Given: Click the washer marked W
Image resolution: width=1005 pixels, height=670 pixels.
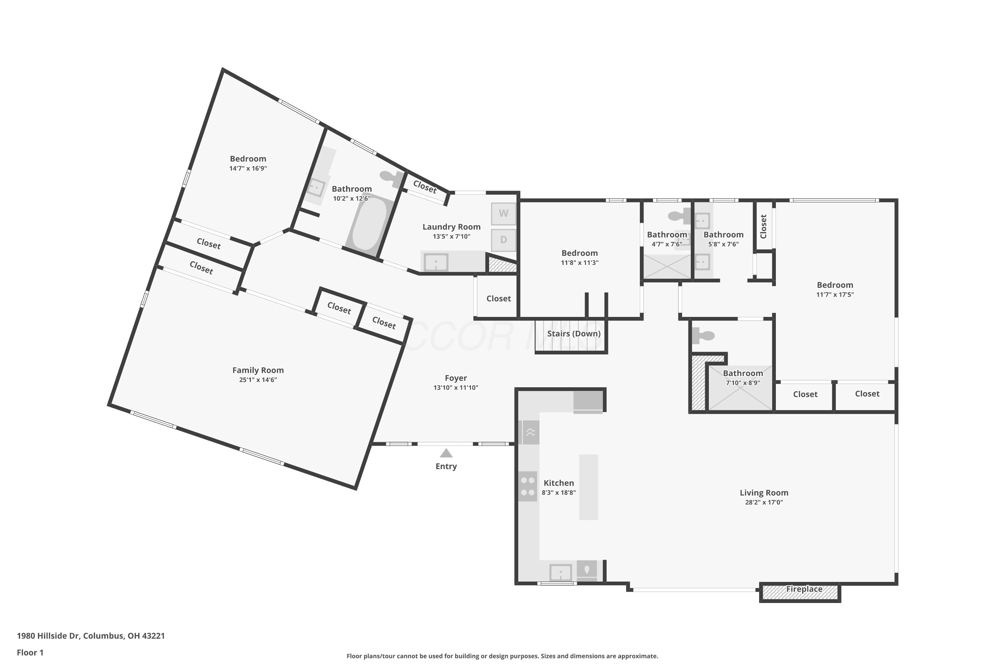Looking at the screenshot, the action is pyautogui.click(x=504, y=214).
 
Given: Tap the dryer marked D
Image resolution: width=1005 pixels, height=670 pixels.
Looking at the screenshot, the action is pyautogui.click(x=504, y=240).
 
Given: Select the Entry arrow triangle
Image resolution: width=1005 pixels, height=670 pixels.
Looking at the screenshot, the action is pyautogui.click(x=446, y=453).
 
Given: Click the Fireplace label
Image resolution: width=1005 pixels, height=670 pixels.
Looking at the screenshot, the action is pyautogui.click(x=804, y=589).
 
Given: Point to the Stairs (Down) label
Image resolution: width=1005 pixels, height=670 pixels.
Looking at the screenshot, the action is pyautogui.click(x=574, y=334).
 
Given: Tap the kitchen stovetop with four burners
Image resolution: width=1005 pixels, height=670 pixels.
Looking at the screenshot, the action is pyautogui.click(x=528, y=486).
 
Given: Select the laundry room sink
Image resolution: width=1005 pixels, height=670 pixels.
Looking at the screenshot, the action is pyautogui.click(x=436, y=262).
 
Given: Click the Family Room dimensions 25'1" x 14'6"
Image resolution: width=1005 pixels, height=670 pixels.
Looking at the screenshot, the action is pyautogui.click(x=258, y=380).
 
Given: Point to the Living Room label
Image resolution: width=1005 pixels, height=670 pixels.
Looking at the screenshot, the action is pyautogui.click(x=764, y=493).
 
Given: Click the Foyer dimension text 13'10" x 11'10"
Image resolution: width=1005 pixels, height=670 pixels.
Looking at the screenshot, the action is pyautogui.click(x=456, y=388).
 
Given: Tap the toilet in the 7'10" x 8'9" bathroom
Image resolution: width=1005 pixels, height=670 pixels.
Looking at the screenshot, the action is pyautogui.click(x=703, y=336).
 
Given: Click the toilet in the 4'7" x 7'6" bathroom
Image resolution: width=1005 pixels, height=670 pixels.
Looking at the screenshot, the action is pyautogui.click(x=679, y=216).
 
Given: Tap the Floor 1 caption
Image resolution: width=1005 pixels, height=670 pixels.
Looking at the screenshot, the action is pyautogui.click(x=30, y=653).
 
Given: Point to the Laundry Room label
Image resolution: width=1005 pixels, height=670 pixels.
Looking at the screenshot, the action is pyautogui.click(x=452, y=227).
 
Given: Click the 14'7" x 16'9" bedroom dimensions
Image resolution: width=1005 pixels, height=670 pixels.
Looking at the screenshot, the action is pyautogui.click(x=248, y=169).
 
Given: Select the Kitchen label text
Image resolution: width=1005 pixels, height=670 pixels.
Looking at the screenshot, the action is pyautogui.click(x=559, y=483).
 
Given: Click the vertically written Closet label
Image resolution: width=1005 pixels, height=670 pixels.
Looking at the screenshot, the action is pyautogui.click(x=763, y=226).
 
